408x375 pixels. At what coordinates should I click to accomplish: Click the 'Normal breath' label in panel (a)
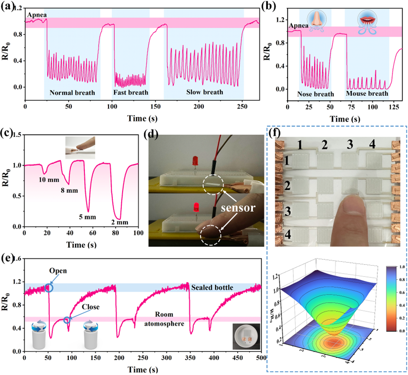click(72, 92)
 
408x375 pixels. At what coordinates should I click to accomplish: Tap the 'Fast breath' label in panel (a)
click(130, 92)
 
